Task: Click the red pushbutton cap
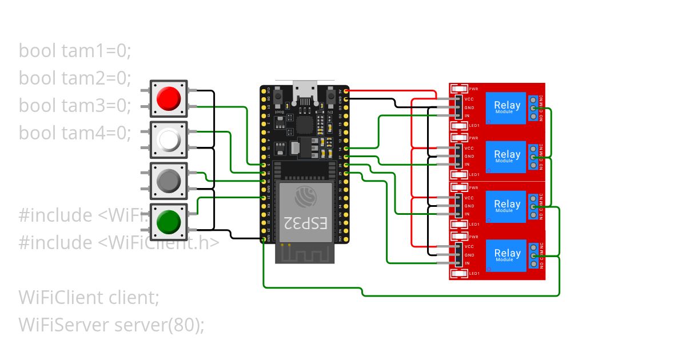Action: click(x=169, y=98)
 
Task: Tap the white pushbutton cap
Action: click(x=169, y=139)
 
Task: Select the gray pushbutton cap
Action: click(x=169, y=181)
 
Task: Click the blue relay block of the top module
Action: click(x=506, y=107)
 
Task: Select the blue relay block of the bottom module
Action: click(x=506, y=255)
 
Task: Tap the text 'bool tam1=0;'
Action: click(x=75, y=51)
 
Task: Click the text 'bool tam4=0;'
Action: click(x=75, y=133)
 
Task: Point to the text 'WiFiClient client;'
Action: click(x=89, y=298)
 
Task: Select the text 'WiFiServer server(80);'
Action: click(x=111, y=325)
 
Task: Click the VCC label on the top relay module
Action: click(x=469, y=99)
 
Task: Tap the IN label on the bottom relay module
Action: click(x=467, y=263)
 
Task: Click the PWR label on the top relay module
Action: click(x=473, y=89)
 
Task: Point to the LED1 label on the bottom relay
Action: click(x=474, y=274)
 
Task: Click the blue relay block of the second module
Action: click(x=506, y=157)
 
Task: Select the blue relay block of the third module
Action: click(x=506, y=206)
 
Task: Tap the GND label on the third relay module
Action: click(x=469, y=206)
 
